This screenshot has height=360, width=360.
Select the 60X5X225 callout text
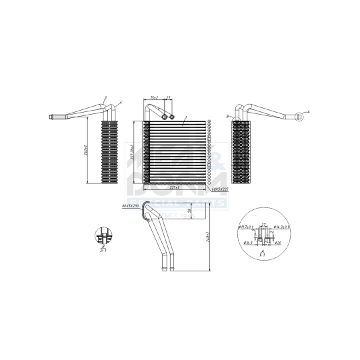click(218, 190)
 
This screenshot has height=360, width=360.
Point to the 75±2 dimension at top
click(154, 98)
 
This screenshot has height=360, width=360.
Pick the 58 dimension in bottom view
click(189, 213)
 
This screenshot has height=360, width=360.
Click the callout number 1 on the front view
click(185, 118)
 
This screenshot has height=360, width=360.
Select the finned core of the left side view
click(109, 152)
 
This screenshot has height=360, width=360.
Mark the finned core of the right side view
click(240, 152)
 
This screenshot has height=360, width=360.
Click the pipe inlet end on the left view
click(53, 119)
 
